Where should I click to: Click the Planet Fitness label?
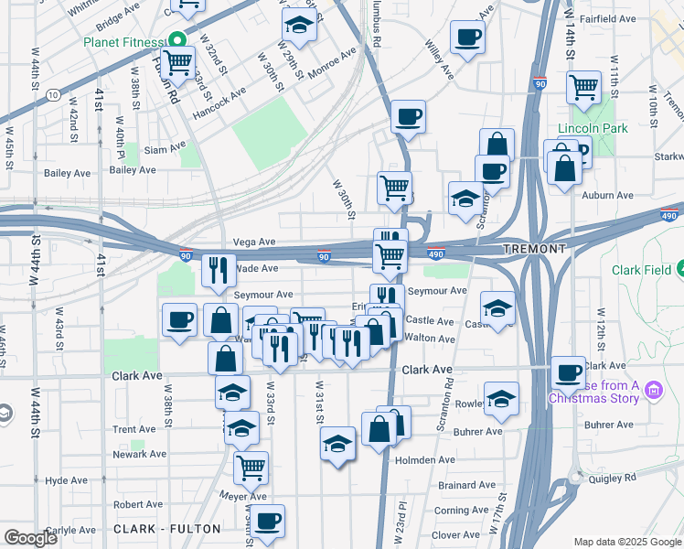coord(123,42)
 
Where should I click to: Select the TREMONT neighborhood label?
coord(534,249)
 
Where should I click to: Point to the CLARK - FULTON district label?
coord(166,529)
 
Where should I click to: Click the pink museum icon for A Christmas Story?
coord(653,392)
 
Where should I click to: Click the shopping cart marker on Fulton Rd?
coord(177,62)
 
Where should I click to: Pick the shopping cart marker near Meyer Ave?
coord(251,467)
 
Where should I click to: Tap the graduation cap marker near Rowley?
coord(501,398)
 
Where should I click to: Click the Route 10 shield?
coord(55,94)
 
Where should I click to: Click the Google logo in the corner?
coord(31,538)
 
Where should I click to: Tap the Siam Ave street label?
coord(165,145)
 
